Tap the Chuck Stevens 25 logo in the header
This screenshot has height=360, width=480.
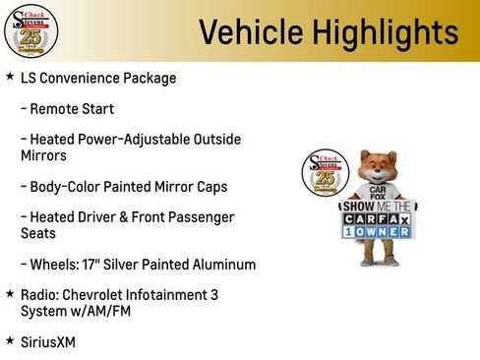(30, 30)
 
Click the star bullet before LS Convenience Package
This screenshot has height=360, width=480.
(10, 77)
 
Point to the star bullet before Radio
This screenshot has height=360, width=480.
(10, 293)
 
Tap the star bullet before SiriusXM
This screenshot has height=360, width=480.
(10, 340)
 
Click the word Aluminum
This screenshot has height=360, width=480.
(224, 264)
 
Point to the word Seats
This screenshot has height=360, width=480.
(38, 233)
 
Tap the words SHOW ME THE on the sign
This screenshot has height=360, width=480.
(378, 207)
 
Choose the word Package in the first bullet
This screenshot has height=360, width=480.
(150, 78)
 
